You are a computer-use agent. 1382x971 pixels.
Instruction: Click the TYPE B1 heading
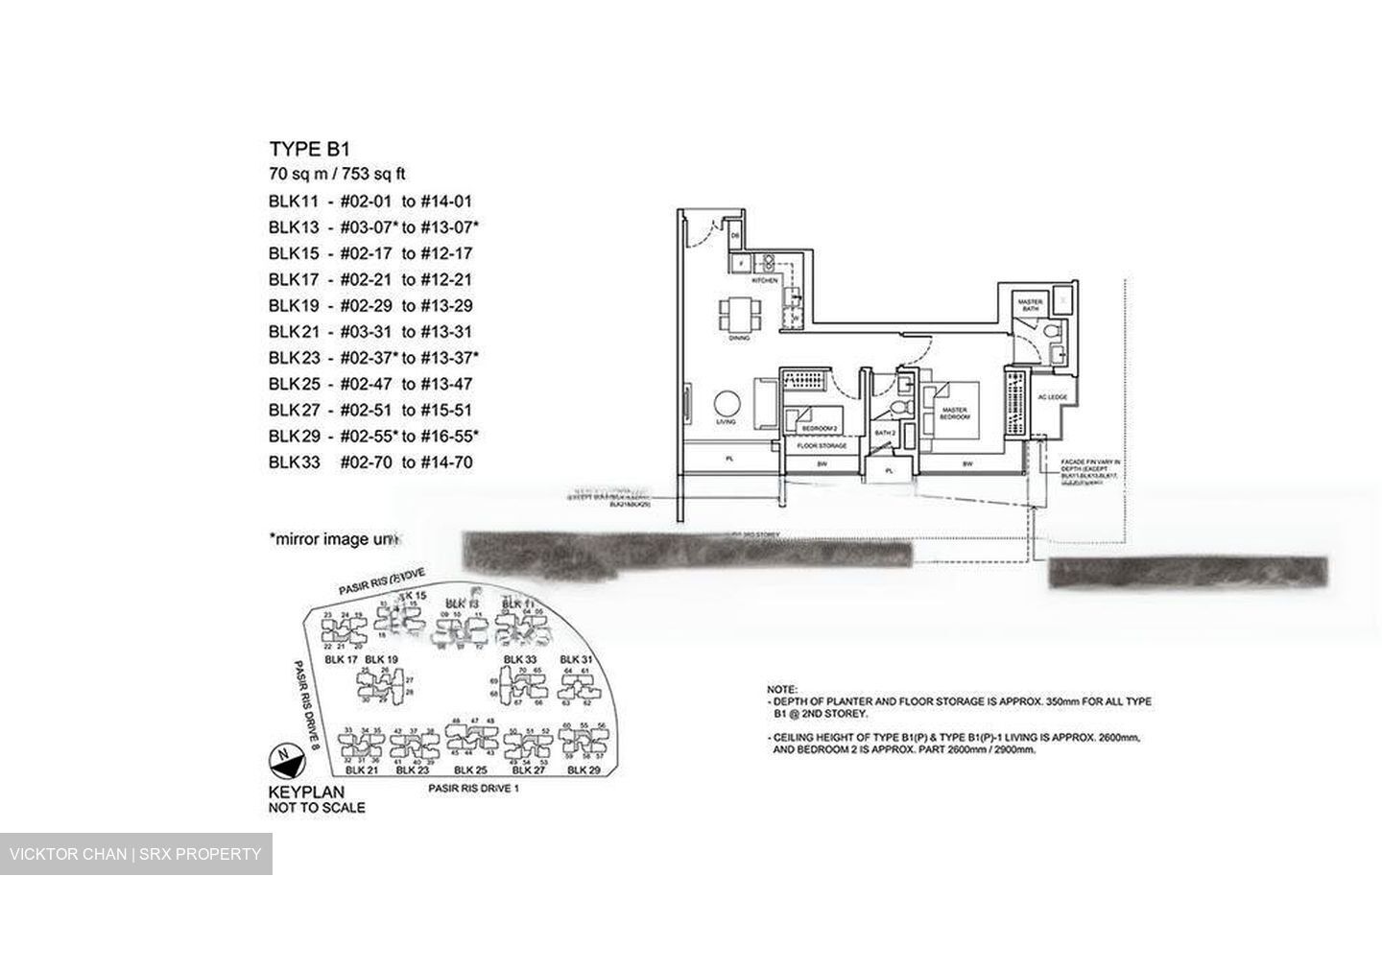pyautogui.click(x=309, y=149)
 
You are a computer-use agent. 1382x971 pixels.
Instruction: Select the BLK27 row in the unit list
pyautogui.click(x=369, y=410)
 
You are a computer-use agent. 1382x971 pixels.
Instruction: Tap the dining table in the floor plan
pyautogui.click(x=740, y=312)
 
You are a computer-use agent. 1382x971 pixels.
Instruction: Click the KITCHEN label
pyautogui.click(x=764, y=281)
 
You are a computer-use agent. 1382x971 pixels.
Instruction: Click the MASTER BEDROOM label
pyautogui.click(x=955, y=414)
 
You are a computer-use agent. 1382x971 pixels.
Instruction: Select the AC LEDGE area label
pyautogui.click(x=1052, y=396)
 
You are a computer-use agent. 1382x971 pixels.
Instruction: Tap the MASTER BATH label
pyautogui.click(x=1032, y=305)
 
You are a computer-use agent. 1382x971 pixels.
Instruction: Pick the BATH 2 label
pyautogui.click(x=885, y=434)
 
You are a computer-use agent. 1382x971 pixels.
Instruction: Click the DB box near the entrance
pyautogui.click(x=736, y=234)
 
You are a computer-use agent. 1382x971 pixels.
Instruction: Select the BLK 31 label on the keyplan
pyautogui.click(x=576, y=659)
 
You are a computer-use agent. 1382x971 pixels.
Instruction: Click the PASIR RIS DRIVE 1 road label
pyautogui.click(x=473, y=789)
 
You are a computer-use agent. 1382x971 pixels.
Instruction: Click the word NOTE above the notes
pyautogui.click(x=782, y=690)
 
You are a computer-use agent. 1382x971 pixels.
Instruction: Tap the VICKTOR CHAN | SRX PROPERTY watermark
pyautogui.click(x=135, y=854)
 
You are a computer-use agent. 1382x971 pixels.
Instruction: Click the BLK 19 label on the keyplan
pyautogui.click(x=381, y=659)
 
